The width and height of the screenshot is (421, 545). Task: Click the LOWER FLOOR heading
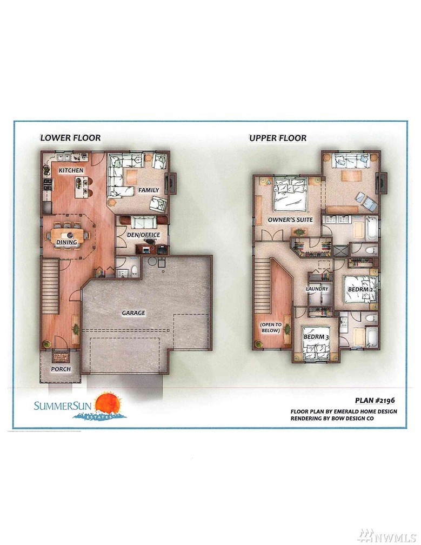[70, 138]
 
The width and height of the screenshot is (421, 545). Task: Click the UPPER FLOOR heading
[278, 138]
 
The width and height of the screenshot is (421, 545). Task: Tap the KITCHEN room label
[71, 170]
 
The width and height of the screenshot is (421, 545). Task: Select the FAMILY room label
[149, 190]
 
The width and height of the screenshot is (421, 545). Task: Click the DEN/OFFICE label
[143, 235]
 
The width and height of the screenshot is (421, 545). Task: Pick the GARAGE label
[133, 313]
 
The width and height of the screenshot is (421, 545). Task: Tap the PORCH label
[61, 369]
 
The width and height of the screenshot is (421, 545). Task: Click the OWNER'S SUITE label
[290, 220]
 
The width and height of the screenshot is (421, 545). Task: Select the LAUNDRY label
[317, 289]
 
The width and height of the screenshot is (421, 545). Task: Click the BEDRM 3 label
[316, 337]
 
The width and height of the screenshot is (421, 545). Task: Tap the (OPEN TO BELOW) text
[271, 328]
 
